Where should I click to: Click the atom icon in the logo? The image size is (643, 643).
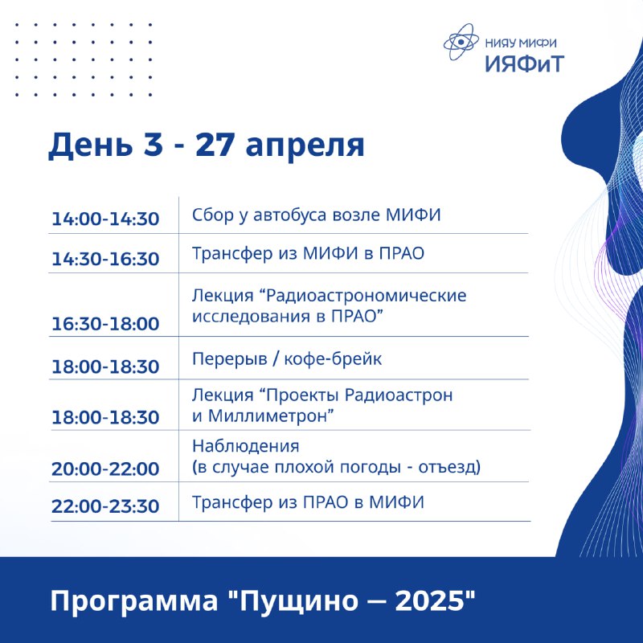(x=461, y=42)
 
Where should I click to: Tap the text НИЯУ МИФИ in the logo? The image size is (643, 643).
(x=521, y=43)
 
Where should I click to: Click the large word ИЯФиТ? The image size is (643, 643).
(x=525, y=63)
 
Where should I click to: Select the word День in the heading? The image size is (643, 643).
(x=91, y=145)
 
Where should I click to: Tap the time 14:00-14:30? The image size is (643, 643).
(x=105, y=219)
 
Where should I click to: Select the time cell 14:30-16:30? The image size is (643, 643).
(x=105, y=259)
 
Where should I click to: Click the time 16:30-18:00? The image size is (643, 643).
(x=105, y=324)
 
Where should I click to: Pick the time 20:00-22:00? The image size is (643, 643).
(x=105, y=469)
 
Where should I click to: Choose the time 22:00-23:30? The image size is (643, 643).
(x=105, y=506)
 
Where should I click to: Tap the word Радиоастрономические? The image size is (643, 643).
(x=367, y=296)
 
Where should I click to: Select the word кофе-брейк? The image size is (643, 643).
(x=333, y=358)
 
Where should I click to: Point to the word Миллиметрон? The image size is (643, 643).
(x=268, y=416)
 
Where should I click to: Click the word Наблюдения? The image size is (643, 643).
(x=246, y=446)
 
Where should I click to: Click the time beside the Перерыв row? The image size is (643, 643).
(x=105, y=367)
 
